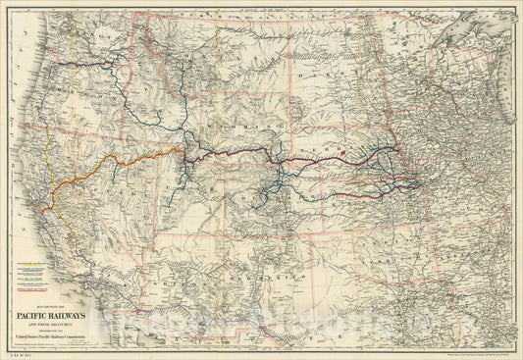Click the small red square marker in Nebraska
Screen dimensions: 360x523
(344, 153)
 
